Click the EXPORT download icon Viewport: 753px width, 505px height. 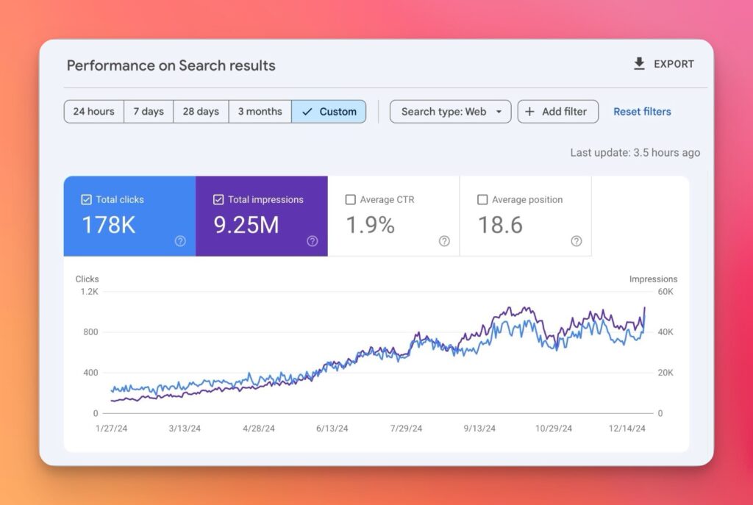point(639,64)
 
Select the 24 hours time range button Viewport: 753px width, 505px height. point(94,112)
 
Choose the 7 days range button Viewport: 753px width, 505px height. point(149,112)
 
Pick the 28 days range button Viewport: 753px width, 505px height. point(201,112)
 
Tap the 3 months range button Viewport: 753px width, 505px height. point(260,112)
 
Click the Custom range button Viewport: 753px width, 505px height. point(329,112)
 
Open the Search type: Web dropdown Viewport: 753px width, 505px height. point(450,112)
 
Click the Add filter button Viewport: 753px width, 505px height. point(557,112)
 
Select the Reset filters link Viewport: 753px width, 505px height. point(642,112)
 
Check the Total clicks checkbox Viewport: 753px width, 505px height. point(86,199)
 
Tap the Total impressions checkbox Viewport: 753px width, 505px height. point(218,199)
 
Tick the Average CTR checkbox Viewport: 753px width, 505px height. point(350,199)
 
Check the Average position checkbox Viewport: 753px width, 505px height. point(482,199)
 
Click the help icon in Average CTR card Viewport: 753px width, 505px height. point(444,241)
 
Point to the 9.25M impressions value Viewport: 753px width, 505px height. point(246,225)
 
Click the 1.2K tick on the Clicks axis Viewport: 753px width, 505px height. point(89,292)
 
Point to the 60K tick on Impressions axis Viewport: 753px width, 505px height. point(665,292)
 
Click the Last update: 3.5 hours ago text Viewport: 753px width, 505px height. point(635,153)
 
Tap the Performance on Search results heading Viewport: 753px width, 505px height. point(171,65)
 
